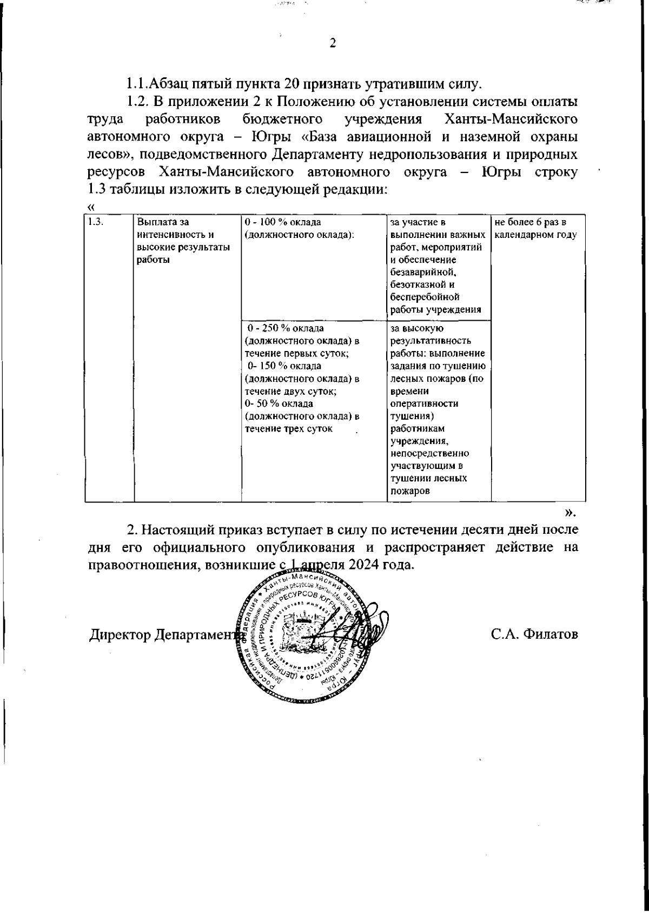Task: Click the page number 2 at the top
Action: click(x=333, y=44)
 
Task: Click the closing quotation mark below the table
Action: click(x=571, y=511)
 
